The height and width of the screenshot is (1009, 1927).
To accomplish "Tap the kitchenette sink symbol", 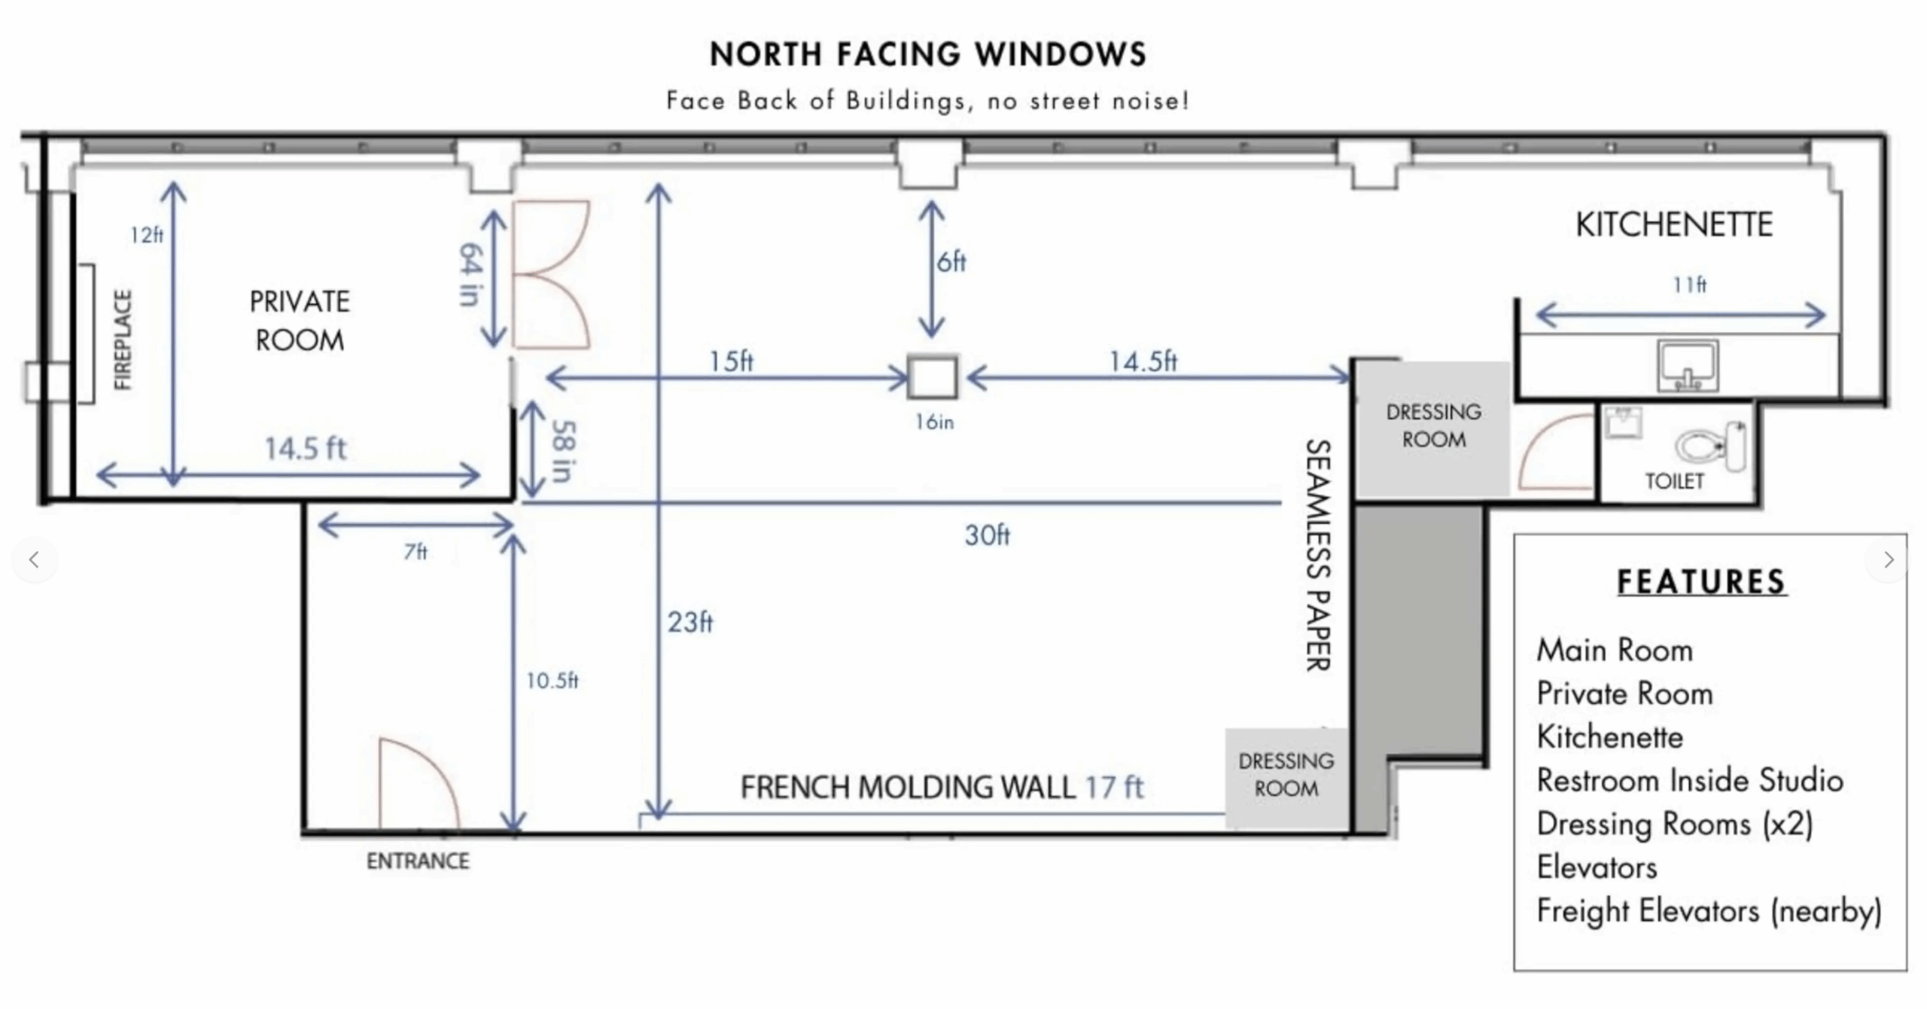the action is pos(1688,366).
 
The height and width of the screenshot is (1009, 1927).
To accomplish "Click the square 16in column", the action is pos(933,376).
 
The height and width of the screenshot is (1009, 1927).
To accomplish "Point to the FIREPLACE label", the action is pos(123,340).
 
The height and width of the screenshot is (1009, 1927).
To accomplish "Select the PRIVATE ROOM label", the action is pos(300,321).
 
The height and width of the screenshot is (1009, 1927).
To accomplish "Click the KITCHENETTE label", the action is pos(1674,224).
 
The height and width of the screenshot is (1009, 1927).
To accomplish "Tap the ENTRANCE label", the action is pos(418,861).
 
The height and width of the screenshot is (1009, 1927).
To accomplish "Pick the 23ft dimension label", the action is pos(690,622).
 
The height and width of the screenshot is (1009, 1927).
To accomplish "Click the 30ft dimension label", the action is pos(987,535).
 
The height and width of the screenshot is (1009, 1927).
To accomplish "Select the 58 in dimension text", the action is pos(563,450).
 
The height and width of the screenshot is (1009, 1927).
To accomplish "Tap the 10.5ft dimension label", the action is pos(552,681).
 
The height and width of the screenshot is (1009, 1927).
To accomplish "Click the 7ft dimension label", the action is pos(416,552).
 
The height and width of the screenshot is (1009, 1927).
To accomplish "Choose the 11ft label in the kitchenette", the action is pos(1690,285).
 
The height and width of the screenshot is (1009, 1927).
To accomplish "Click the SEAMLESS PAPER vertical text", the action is pos(1317,555).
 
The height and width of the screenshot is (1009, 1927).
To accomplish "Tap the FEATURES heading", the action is pos(1702,582).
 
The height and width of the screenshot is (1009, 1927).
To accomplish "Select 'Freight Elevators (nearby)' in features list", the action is pos(1709,911).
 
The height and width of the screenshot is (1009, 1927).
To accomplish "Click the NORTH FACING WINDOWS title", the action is pos(928,54).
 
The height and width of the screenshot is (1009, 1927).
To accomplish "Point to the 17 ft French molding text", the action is pos(1114,788).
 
